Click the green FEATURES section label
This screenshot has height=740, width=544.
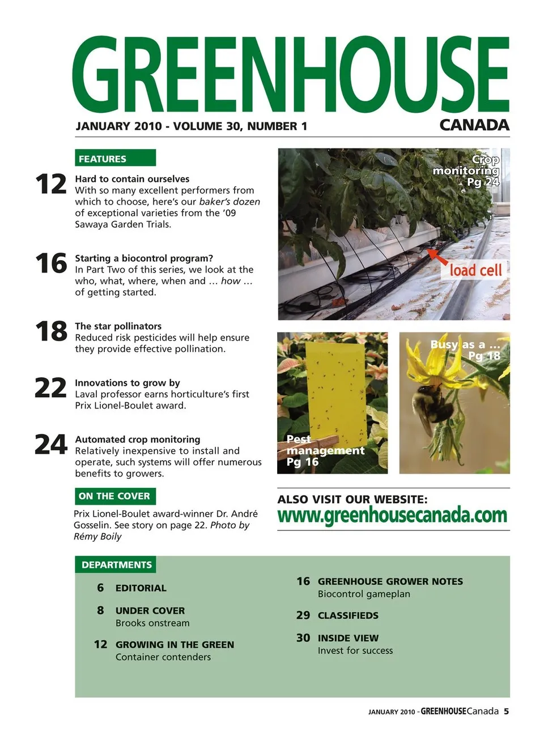(114, 158)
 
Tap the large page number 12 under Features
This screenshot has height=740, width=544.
(51, 185)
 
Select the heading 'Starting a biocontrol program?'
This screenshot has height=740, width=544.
(144, 258)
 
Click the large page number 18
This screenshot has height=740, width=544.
(51, 331)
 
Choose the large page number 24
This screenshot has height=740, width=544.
(51, 445)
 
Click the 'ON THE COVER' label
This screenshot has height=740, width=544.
(114, 496)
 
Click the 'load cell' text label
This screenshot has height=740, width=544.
(475, 270)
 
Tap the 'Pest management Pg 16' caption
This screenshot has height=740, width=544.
(324, 450)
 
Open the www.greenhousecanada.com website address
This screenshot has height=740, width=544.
(392, 516)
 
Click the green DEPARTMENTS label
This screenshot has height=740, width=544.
(116, 565)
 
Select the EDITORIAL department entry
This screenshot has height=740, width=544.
(141, 588)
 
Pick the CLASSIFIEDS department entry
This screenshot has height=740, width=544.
(348, 615)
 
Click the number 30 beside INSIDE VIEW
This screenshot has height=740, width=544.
(303, 638)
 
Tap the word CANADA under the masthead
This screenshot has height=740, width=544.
(474, 125)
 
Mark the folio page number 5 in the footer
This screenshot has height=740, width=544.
(506, 712)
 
